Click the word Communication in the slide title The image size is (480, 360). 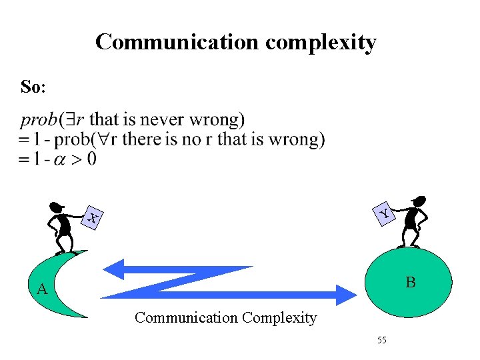[x=177, y=42]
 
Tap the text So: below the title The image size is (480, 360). [x=33, y=87]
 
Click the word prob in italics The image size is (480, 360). [x=39, y=121]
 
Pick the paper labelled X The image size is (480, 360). [x=93, y=217]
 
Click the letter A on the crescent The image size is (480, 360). [x=42, y=289]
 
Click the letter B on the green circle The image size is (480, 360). [x=411, y=283]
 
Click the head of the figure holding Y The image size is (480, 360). [x=419, y=201]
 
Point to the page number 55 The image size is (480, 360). [x=381, y=341]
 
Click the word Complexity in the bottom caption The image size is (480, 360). [x=279, y=318]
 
